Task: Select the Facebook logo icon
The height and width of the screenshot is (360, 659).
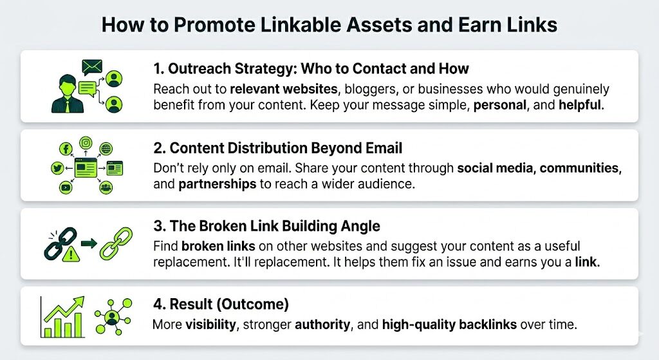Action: pyautogui.click(x=66, y=149)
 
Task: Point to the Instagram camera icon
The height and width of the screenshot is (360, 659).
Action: pyautogui.click(x=86, y=143)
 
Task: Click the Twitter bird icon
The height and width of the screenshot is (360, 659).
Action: pyautogui.click(x=57, y=169)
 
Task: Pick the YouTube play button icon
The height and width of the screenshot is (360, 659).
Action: pyautogui.click(x=66, y=188)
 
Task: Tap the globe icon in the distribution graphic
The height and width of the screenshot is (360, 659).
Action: pyautogui.click(x=106, y=149)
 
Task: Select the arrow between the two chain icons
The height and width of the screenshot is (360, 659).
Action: pyautogui.click(x=89, y=243)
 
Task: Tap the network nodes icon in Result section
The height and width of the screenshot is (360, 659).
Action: pyautogui.click(x=113, y=316)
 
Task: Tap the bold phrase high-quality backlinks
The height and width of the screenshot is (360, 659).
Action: pyautogui.click(x=449, y=325)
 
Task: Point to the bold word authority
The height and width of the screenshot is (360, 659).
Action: pyautogui.click(x=322, y=325)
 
